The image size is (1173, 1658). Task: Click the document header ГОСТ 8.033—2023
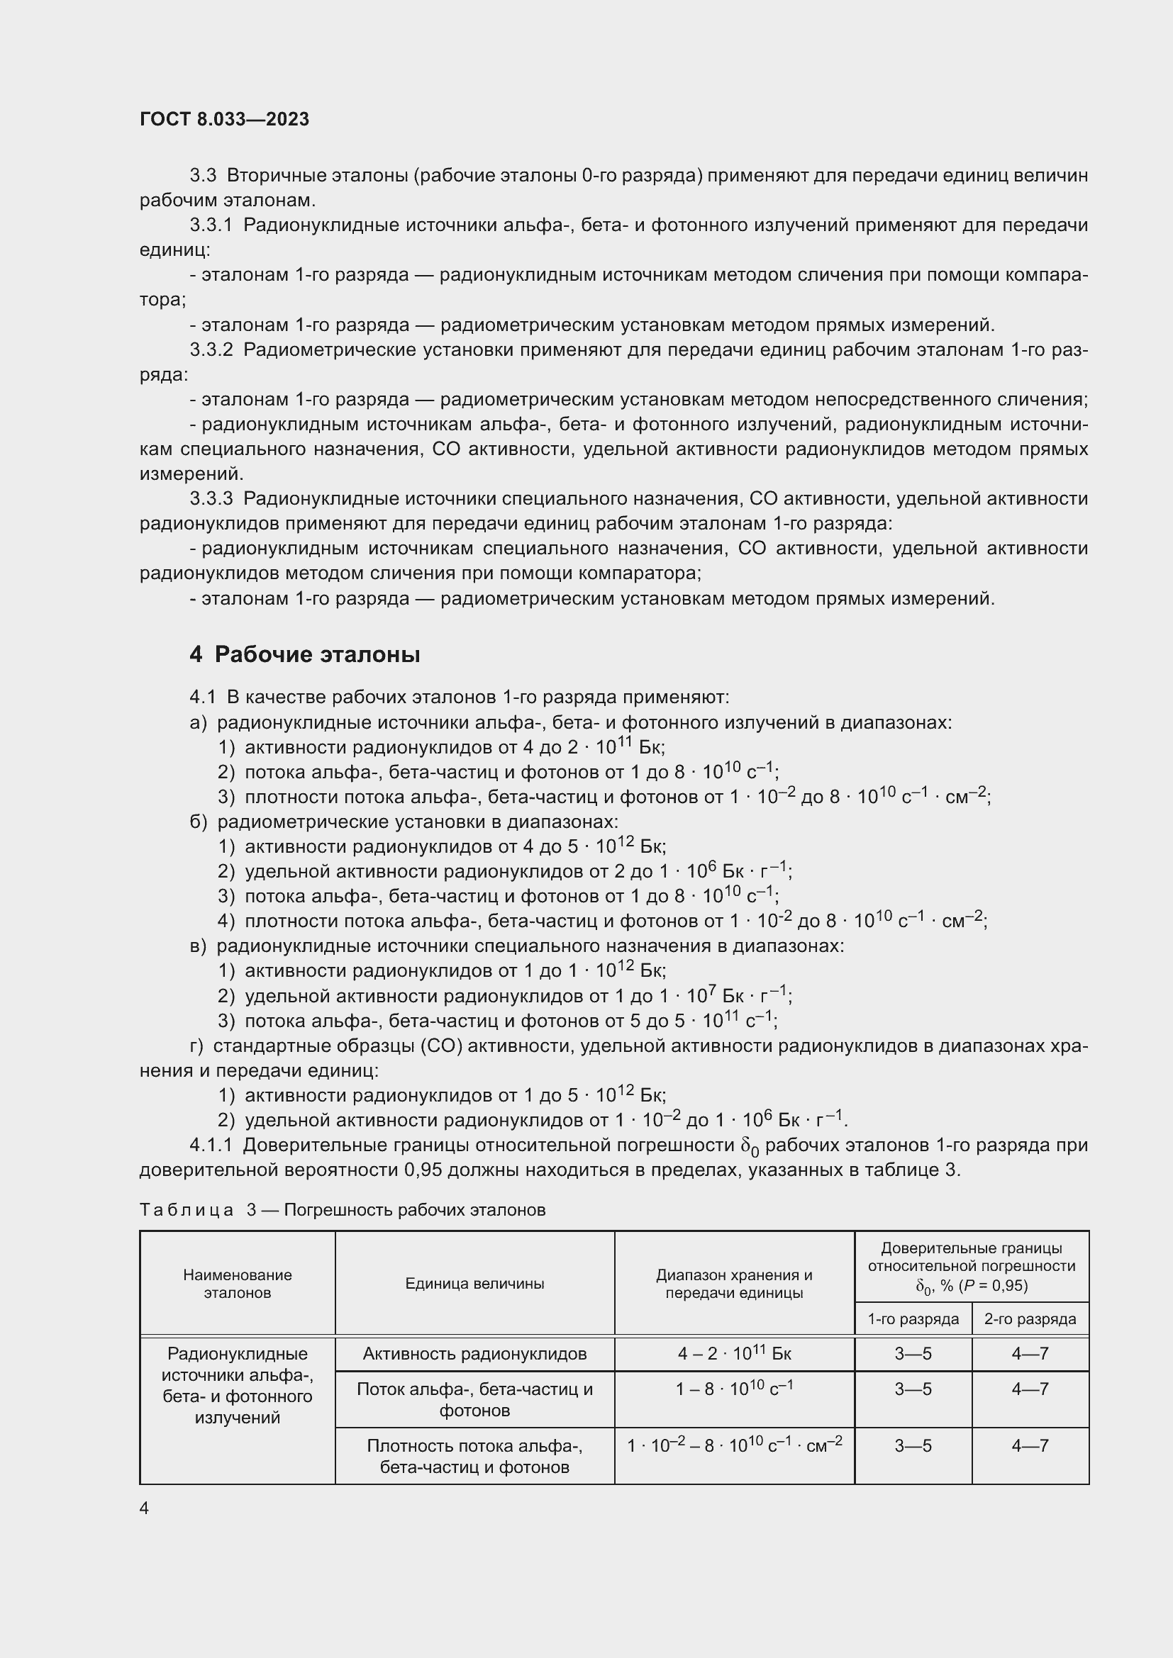pos(224,119)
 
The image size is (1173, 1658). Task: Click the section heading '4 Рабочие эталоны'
pos(305,654)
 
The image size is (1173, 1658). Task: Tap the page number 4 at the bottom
pos(144,1508)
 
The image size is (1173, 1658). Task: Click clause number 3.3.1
pos(211,225)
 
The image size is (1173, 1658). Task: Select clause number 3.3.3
pos(211,498)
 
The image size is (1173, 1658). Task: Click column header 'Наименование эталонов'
pos(237,1283)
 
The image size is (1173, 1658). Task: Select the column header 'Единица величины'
pos(474,1283)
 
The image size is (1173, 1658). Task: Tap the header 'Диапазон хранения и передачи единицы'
pos(734,1283)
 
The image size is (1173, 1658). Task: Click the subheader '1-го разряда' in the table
pos(913,1319)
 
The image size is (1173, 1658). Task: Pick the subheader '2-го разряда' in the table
pos(1030,1319)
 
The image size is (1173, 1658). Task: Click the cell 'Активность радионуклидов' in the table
pos(474,1354)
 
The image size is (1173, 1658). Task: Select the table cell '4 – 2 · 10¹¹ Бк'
pos(734,1354)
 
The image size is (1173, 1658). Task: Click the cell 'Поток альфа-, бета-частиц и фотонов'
pos(474,1399)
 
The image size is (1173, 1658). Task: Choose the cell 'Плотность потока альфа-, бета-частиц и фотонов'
pos(474,1457)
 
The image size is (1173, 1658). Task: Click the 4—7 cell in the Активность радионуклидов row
pos(1030,1354)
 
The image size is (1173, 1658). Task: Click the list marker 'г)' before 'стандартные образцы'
pos(196,1046)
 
